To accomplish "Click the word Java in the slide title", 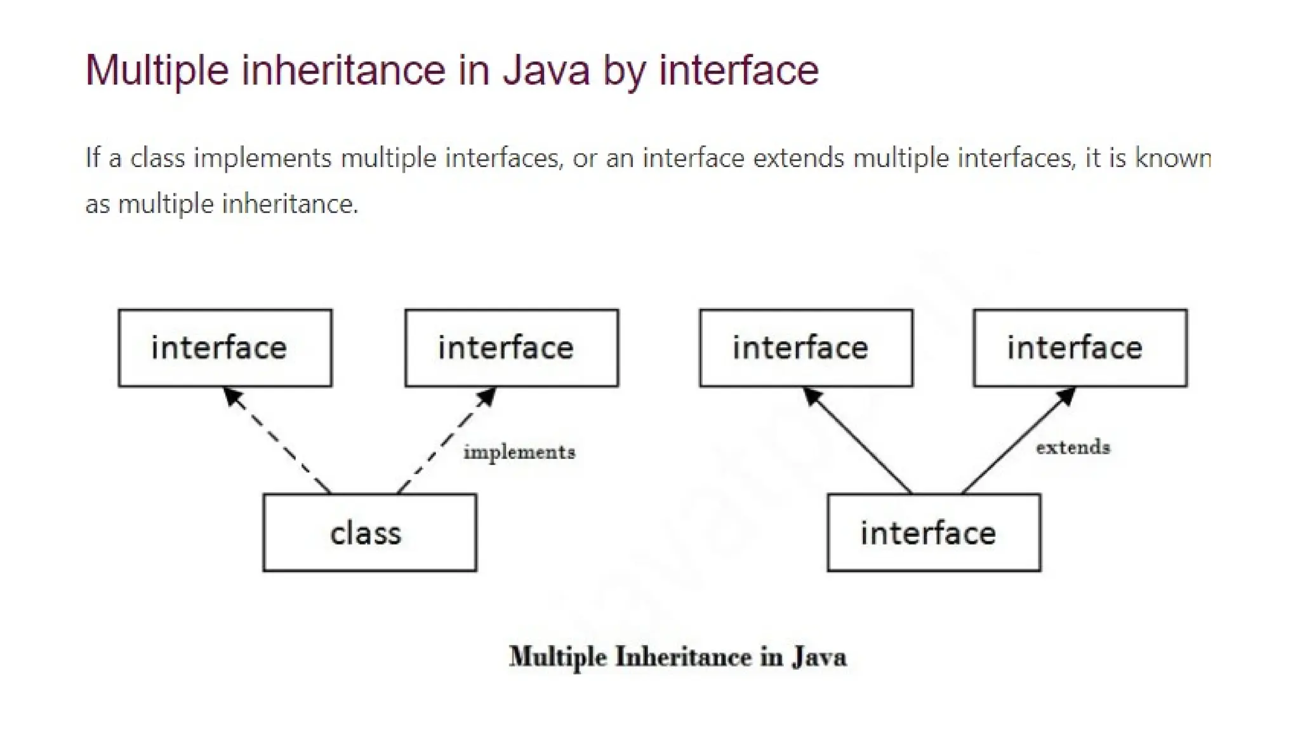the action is tap(547, 70).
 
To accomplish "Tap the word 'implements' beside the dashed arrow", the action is tap(519, 452).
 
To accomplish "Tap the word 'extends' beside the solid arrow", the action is tap(1073, 447).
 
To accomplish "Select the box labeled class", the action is tap(369, 532).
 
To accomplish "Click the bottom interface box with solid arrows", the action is tap(934, 532).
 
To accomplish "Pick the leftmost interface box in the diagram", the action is tap(225, 348).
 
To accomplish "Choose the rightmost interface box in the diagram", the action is tap(1080, 348).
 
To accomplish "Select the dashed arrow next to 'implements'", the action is tap(444, 442).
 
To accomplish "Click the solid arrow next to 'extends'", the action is tap(1016, 442).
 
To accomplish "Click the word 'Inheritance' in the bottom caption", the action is tap(683, 657).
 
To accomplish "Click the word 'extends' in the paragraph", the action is tap(799, 158).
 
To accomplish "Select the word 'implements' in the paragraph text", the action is tap(262, 158).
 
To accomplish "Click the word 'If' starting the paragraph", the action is tap(93, 158).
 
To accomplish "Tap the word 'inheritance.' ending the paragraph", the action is tap(289, 204).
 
